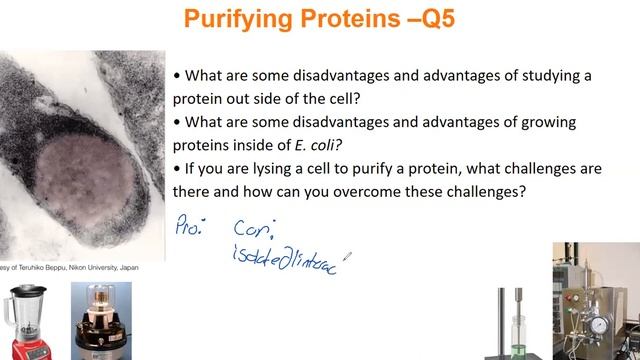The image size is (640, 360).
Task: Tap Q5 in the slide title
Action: (x=429, y=20)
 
